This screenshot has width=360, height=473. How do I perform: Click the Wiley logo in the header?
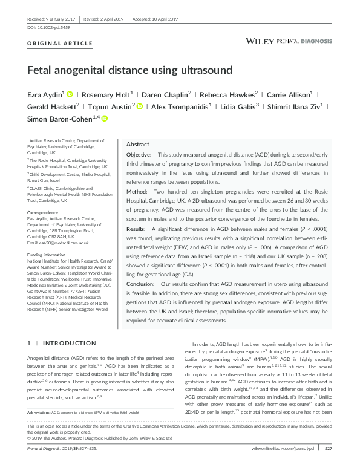click(260, 41)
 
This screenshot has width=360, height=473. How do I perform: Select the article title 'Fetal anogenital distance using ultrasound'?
click(129, 70)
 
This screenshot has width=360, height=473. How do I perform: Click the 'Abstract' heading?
click(137, 145)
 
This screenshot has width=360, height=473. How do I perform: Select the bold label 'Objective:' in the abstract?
click(139, 156)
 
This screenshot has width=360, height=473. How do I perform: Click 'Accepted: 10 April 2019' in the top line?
click(158, 19)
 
